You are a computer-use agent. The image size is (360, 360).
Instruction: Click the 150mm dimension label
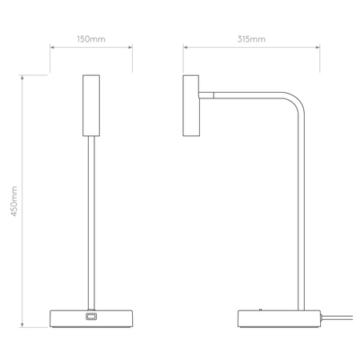click(x=90, y=38)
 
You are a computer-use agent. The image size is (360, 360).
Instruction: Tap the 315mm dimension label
click(x=252, y=38)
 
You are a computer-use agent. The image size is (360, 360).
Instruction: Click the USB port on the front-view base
click(x=90, y=318)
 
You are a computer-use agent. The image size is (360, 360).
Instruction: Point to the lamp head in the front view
click(x=90, y=106)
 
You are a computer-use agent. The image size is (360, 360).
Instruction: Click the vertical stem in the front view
click(x=90, y=224)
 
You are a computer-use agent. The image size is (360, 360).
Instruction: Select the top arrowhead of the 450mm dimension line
click(x=23, y=77)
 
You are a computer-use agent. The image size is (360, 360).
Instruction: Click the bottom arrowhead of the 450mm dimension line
click(x=23, y=327)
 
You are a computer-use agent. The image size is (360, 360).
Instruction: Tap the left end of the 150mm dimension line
click(x=51, y=47)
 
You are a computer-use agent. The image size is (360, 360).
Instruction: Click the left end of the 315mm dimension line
click(x=185, y=47)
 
